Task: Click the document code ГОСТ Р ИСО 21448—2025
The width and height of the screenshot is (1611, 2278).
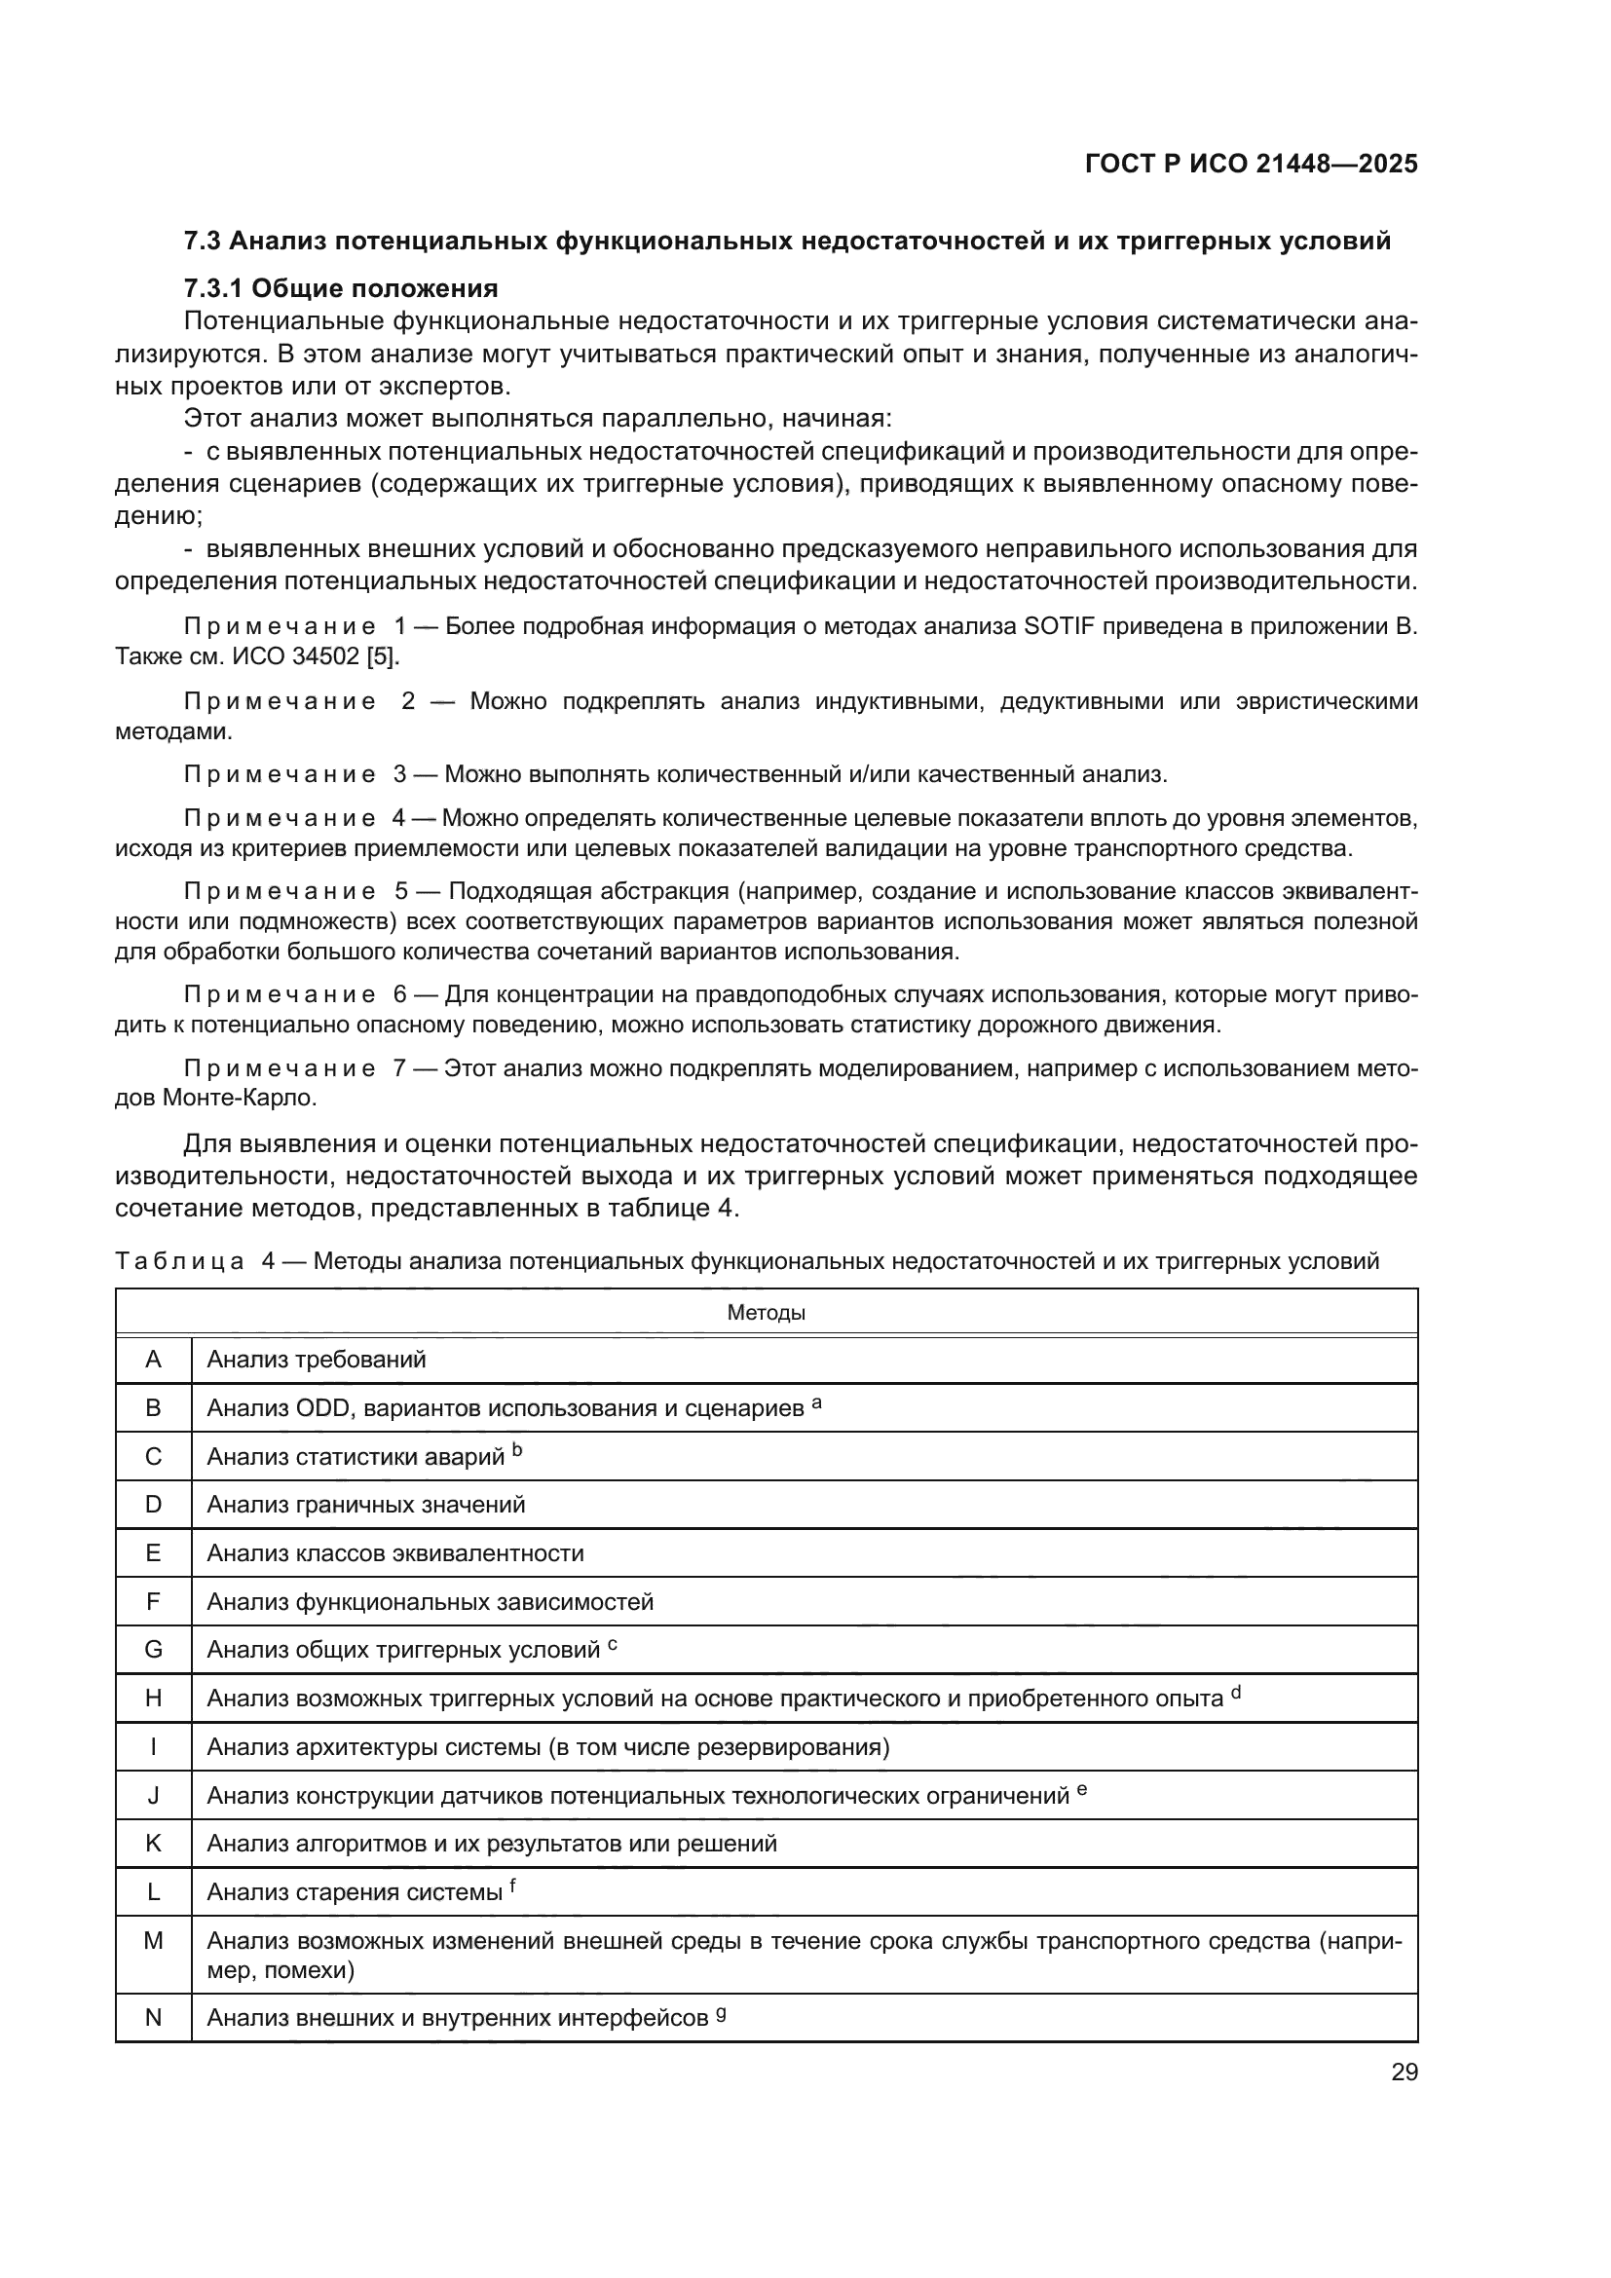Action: click(1251, 164)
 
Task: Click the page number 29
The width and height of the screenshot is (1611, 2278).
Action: click(1404, 2072)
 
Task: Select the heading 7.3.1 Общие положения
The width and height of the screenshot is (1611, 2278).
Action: click(340, 288)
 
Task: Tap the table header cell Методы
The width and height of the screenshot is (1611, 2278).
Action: click(766, 1313)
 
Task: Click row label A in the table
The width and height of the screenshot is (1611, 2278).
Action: click(153, 1360)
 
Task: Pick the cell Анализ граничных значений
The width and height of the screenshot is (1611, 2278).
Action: click(365, 1504)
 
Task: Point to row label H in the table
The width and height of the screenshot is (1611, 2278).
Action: click(153, 1698)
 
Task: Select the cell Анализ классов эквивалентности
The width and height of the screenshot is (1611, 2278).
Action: click(394, 1552)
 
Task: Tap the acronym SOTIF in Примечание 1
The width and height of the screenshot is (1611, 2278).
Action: click(1056, 626)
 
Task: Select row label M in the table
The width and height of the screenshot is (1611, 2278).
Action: click(153, 1940)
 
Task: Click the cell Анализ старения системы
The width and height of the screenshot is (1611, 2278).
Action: click(355, 1892)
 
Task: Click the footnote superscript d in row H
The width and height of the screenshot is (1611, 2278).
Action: click(1236, 1692)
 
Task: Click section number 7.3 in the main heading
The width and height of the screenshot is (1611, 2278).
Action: click(204, 242)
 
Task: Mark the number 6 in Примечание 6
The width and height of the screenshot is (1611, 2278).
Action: click(399, 994)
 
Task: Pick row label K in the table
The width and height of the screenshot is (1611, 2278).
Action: click(153, 1844)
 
